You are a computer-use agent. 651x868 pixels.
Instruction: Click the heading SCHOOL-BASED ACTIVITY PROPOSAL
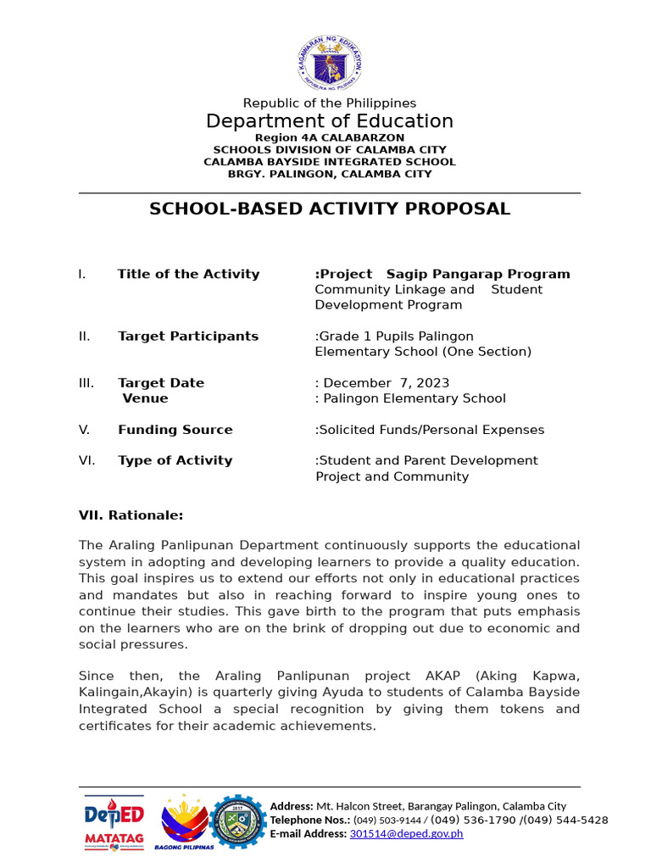330,209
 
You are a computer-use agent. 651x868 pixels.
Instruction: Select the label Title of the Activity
188,274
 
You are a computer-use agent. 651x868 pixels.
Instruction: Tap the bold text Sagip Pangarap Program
478,274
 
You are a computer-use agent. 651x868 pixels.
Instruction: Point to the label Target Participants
188,337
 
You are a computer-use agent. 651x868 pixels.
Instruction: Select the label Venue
145,398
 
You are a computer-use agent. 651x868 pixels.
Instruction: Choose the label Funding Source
175,430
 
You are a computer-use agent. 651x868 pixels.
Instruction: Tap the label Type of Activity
175,461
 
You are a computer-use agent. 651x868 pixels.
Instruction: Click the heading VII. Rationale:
131,515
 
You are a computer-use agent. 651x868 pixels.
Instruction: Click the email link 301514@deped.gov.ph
406,834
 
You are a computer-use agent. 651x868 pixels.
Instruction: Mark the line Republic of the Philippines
330,103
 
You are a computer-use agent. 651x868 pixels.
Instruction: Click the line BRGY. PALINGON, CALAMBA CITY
330,174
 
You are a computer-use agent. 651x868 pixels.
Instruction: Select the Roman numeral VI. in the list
86,461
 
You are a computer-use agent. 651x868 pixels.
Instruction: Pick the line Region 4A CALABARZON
330,137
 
